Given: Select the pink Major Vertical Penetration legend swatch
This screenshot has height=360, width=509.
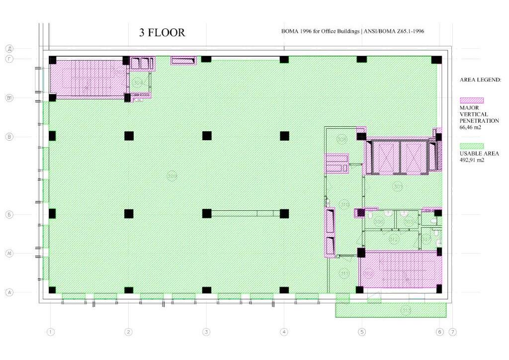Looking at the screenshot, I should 472,100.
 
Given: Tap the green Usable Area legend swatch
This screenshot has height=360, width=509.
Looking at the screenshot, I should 472,146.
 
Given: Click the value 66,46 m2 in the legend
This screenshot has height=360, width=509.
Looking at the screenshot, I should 471,127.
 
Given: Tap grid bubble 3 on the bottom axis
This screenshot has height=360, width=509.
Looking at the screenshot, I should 206,332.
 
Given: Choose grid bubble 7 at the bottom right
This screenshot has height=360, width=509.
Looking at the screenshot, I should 452,332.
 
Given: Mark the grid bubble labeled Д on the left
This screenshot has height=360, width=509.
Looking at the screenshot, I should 9,48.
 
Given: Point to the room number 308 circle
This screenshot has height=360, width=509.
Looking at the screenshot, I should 172,176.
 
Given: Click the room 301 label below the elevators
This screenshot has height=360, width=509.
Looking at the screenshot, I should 398,187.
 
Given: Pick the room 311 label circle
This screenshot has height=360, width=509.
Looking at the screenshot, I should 344,273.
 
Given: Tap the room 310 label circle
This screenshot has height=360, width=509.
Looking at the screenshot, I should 344,203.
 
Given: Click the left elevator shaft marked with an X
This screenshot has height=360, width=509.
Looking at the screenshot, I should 383,159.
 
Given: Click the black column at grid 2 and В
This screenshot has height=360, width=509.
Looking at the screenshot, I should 129,136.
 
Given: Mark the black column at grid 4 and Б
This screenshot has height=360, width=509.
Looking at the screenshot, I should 284,214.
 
